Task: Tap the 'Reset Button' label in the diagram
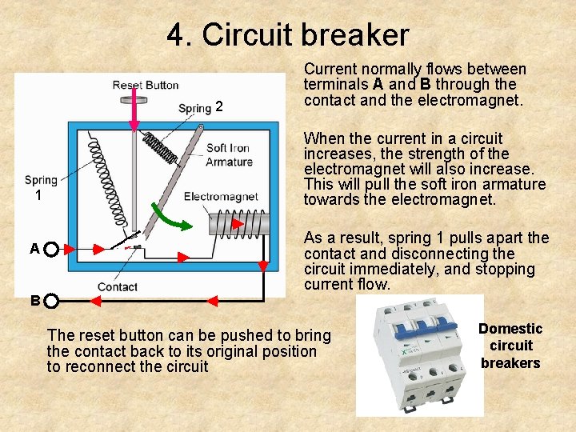[x=145, y=85]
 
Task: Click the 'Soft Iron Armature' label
[x=227, y=155]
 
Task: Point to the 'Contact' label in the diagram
[x=118, y=286]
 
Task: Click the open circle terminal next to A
[x=50, y=250]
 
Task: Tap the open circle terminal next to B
[x=50, y=302]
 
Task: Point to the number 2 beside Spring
[x=219, y=107]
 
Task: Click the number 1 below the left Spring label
[x=37, y=194]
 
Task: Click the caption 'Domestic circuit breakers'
[x=510, y=346]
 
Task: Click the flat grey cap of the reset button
[x=134, y=100]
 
